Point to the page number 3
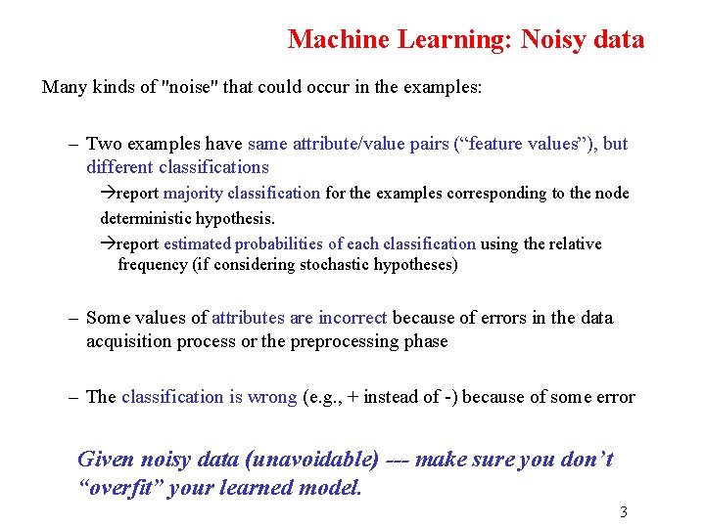pos(624,511)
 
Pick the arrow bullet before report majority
pos(108,194)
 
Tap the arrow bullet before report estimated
pos(108,244)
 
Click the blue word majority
pos(192,194)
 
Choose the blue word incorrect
pos(352,318)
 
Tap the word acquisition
pos(129,341)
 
